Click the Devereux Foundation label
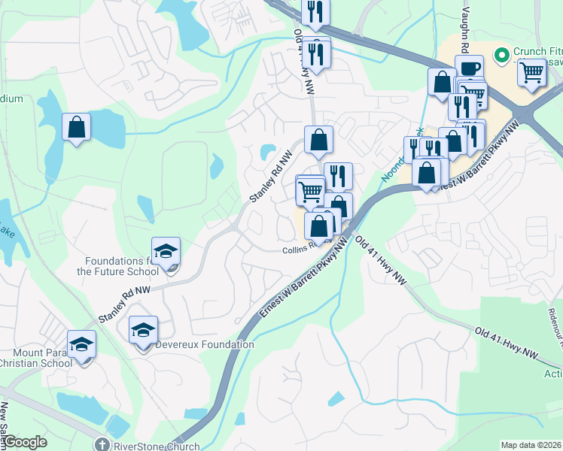205,344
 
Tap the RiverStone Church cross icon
102,445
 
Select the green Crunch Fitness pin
500,54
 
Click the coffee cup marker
469,69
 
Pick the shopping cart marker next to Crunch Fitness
531,73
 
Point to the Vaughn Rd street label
464,30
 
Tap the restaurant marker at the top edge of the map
315,11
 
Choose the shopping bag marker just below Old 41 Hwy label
318,139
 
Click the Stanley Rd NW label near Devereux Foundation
124,300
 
